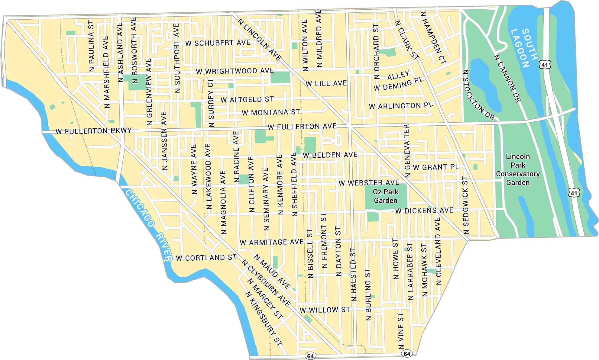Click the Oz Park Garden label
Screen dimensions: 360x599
[x=385, y=196]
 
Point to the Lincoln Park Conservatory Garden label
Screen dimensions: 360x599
[x=518, y=169]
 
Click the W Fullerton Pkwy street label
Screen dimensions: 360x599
[x=94, y=131]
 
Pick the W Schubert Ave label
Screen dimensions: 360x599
[x=218, y=43]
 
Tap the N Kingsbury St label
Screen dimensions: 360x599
[x=264, y=319]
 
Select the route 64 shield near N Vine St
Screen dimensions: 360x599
[x=407, y=354]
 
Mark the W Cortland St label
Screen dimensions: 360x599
[x=206, y=258]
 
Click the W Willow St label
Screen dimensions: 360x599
[x=325, y=310]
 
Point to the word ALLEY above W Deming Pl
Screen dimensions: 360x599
[x=398, y=75]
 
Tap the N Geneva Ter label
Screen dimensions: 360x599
[x=407, y=151]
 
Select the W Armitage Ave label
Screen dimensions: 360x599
[x=271, y=242]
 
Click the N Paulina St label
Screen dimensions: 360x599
[x=92, y=46]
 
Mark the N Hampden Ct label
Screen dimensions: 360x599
[x=433, y=38]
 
